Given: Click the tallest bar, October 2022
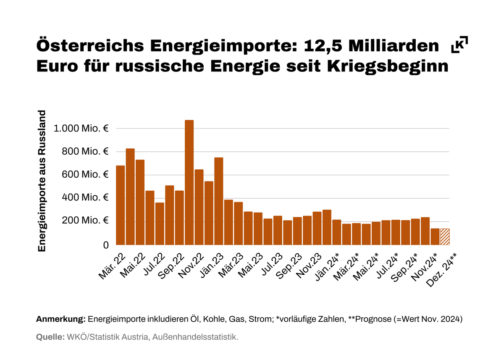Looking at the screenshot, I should pos(189,182).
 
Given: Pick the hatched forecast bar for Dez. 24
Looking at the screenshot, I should pos(445,236).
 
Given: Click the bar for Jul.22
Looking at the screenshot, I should pos(160,223).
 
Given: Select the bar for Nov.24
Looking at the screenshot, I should pos(435,236).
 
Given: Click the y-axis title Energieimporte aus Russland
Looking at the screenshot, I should pos(42,181).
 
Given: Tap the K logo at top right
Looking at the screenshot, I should pos(459,45).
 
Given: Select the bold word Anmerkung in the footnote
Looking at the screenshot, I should pos(61,319).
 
